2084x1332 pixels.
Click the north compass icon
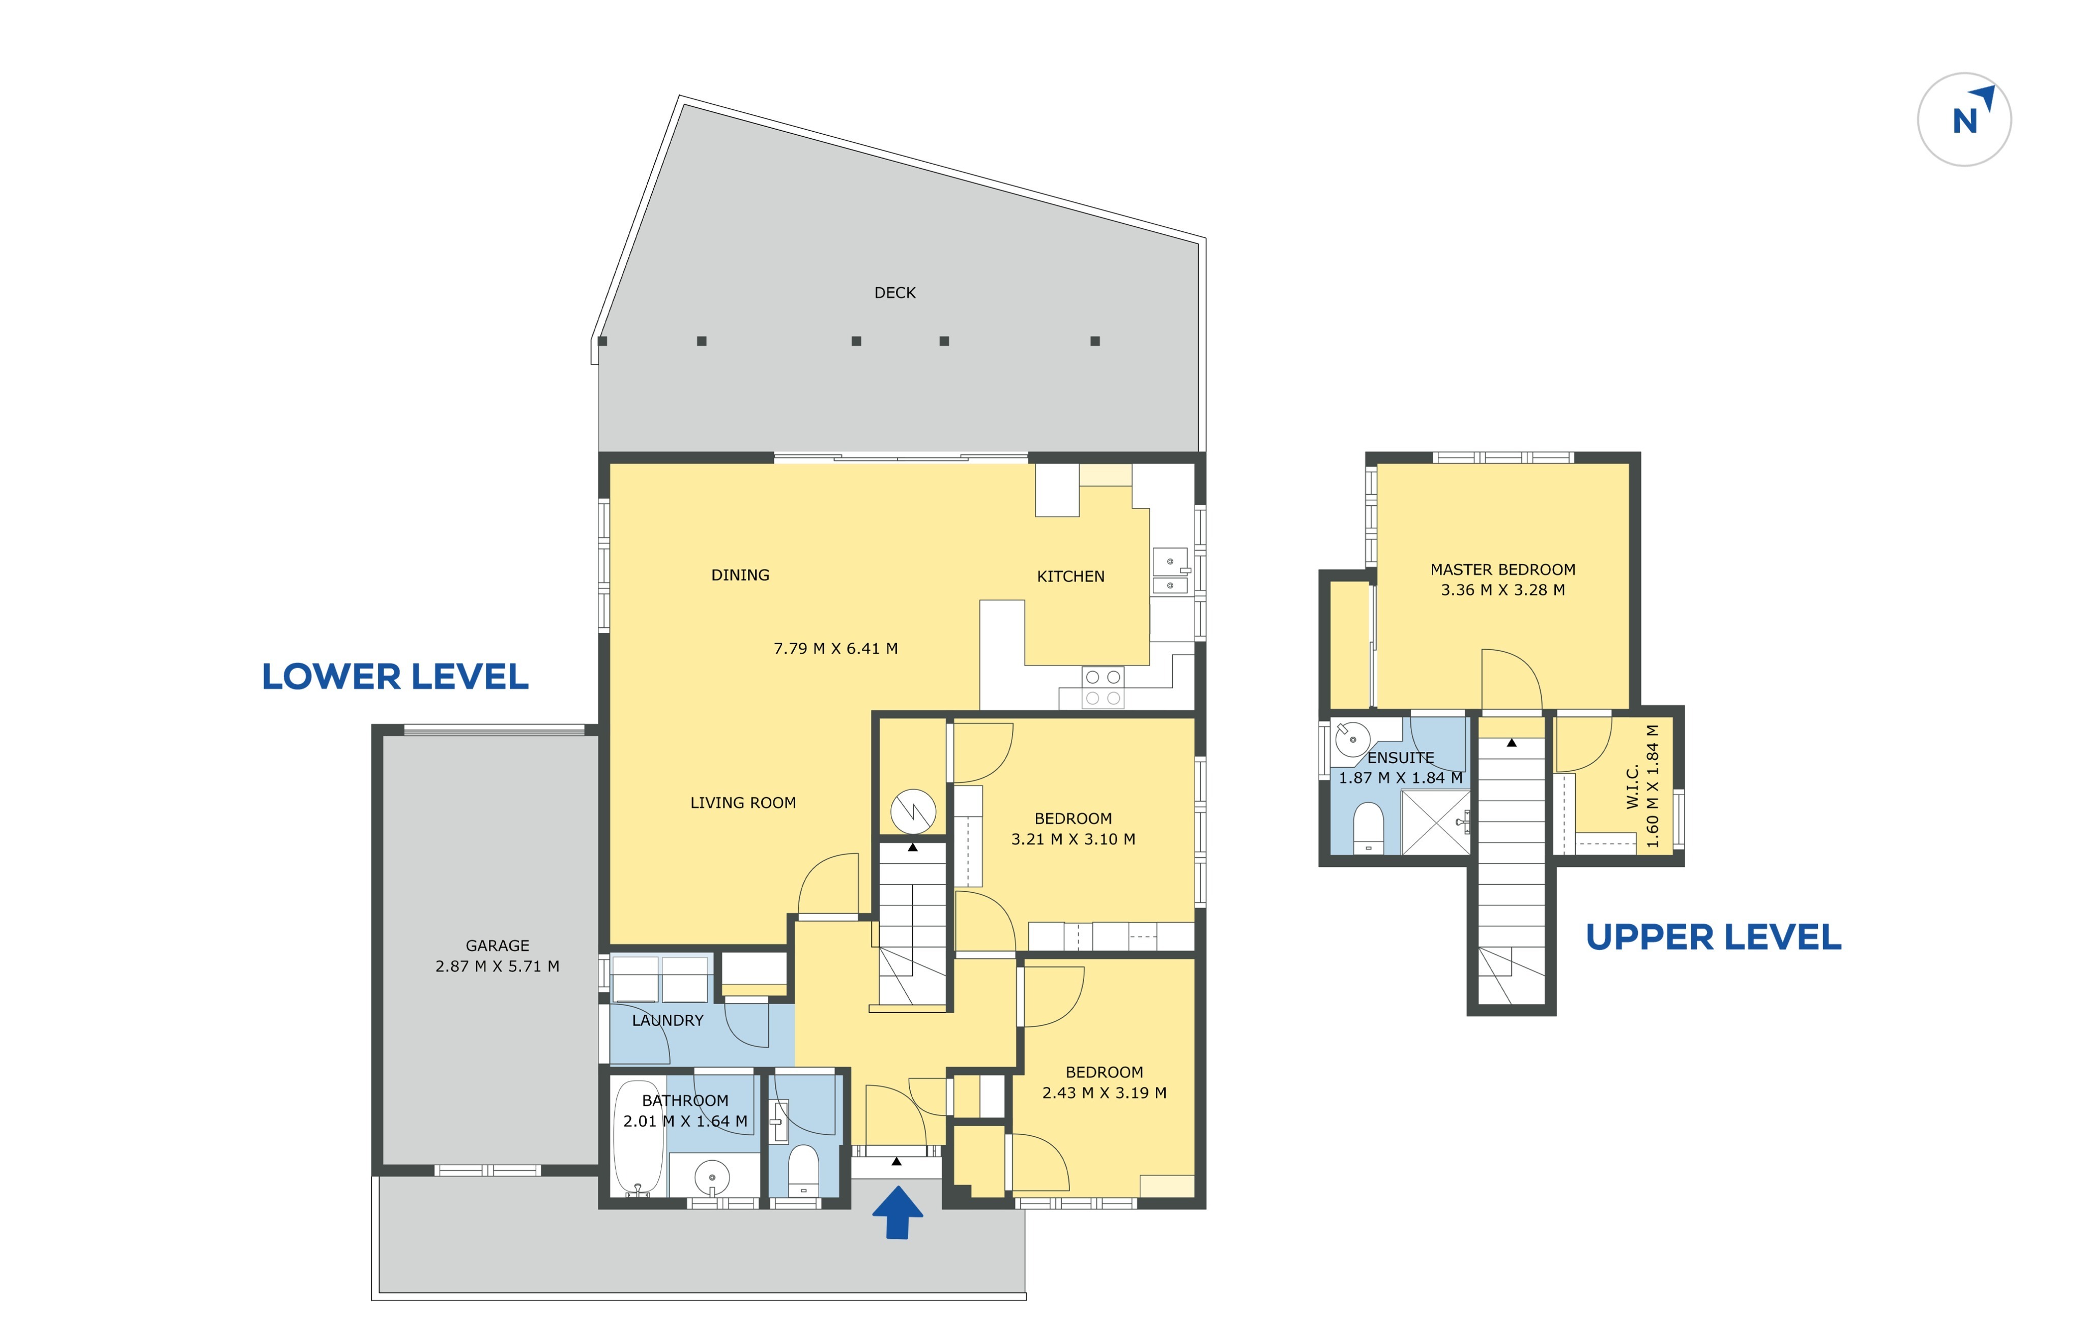click(x=1964, y=119)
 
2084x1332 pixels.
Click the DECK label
click(x=895, y=293)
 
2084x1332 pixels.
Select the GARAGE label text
click(x=498, y=946)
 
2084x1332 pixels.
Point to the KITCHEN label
click(x=1070, y=576)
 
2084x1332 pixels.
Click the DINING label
click(x=740, y=575)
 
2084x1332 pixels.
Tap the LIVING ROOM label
click(x=742, y=803)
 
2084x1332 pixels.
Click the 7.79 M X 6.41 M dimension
click(x=835, y=649)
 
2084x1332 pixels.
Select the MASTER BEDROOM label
click(x=1502, y=570)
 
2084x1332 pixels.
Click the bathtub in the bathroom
click(x=638, y=1137)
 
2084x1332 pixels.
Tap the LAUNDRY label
click(x=667, y=1021)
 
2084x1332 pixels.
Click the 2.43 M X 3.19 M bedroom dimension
click(x=1104, y=1093)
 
